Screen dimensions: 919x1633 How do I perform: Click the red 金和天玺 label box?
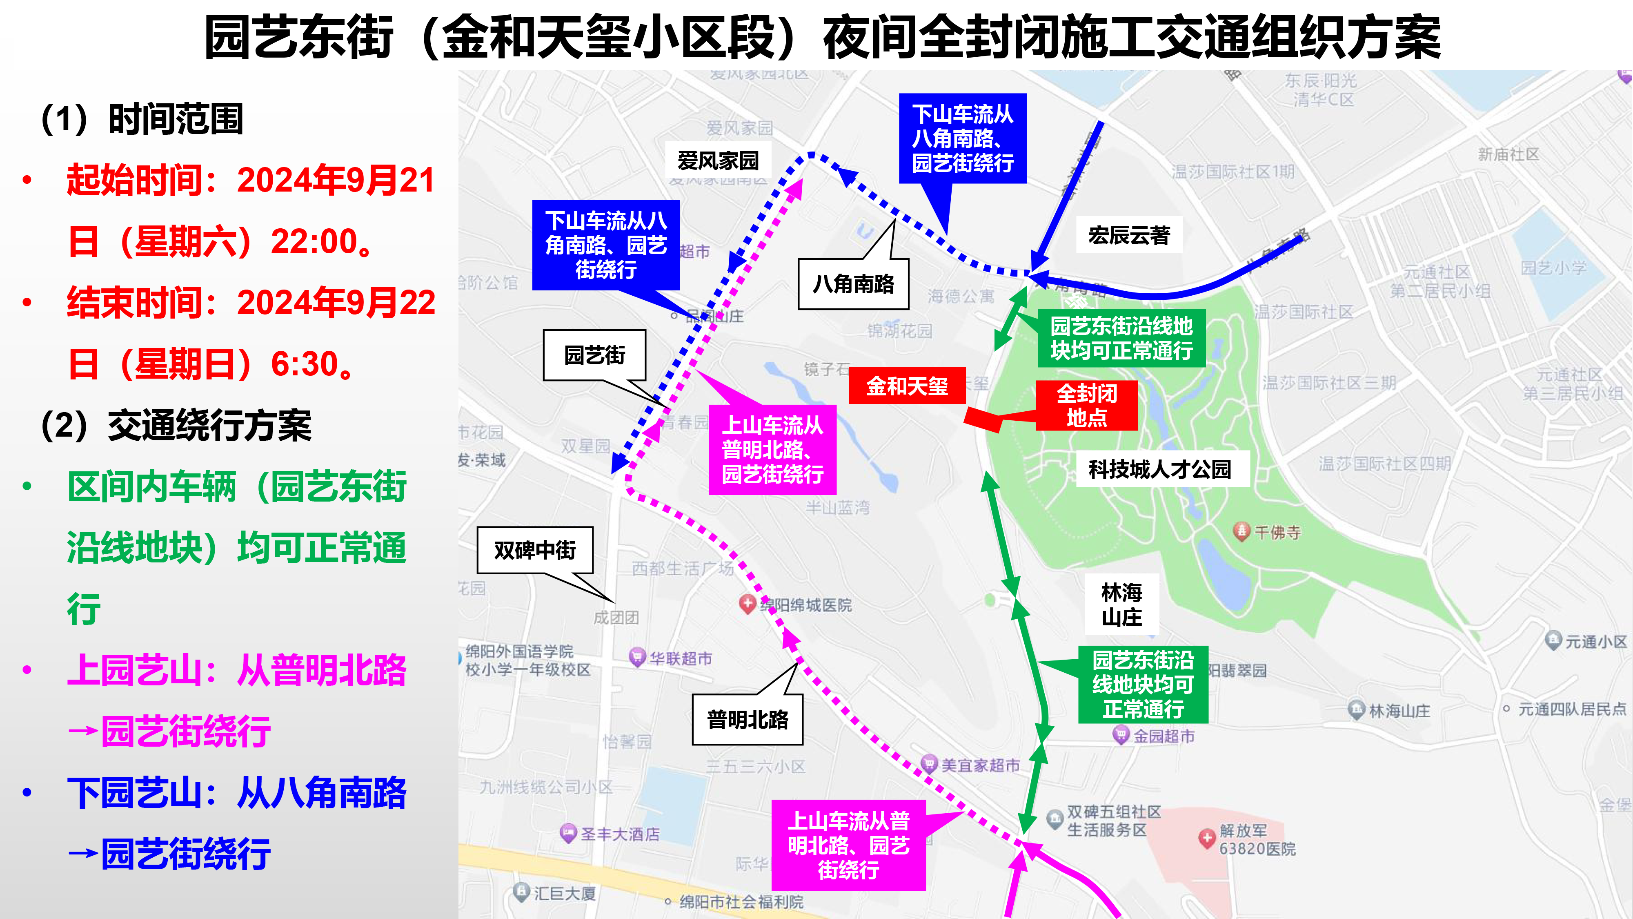pyautogui.click(x=906, y=386)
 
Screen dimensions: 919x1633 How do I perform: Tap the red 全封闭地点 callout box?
pyautogui.click(x=1086, y=406)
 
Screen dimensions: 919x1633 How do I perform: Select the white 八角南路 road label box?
pyautogui.click(x=853, y=284)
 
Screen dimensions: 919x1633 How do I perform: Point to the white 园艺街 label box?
pyautogui.click(x=595, y=355)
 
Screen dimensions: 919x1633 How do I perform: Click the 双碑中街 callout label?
pyautogui.click(x=535, y=550)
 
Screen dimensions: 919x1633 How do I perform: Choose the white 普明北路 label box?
pyautogui.click(x=748, y=719)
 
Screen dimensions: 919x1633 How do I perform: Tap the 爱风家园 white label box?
pyautogui.click(x=718, y=161)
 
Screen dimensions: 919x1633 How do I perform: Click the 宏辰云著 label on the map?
pyautogui.click(x=1129, y=235)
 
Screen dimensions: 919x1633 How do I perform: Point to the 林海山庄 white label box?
pyautogui.click(x=1121, y=604)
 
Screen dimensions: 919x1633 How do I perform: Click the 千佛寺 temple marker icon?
pyautogui.click(x=1241, y=531)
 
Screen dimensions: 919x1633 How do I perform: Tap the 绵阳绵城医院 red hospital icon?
pyautogui.click(x=748, y=603)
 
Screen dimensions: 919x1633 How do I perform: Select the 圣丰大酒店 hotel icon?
pyautogui.click(x=568, y=833)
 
